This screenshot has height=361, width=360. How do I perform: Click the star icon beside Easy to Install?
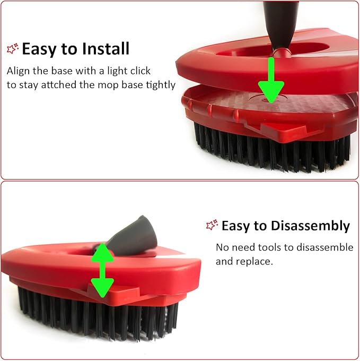coord(13,49)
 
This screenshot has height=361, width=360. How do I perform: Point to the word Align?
coord(19,71)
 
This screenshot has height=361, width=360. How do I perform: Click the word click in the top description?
coord(140,71)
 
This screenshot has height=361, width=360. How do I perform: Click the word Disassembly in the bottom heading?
coord(310,226)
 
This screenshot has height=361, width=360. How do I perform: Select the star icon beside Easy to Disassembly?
coord(212,226)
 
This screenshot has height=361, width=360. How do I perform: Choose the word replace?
coord(256,262)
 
